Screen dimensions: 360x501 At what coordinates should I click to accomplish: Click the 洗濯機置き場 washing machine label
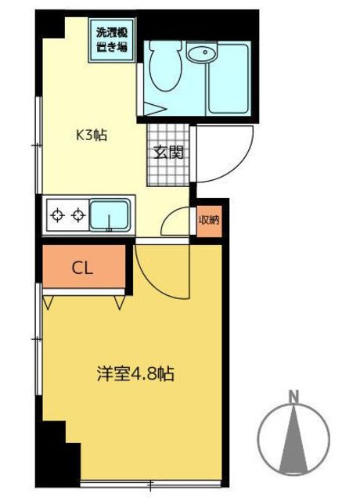pos(112,40)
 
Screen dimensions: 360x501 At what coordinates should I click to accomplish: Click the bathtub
pos(228,78)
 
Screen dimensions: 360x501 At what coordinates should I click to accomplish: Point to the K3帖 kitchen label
pos(91,135)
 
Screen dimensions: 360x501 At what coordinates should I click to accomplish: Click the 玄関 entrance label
pos(168,153)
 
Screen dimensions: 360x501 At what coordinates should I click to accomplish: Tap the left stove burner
pos(57,215)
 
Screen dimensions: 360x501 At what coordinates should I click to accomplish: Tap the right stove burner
pos(78,215)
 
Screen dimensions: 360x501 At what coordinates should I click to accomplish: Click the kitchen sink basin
pos(110,215)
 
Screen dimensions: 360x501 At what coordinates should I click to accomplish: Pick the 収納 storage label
pos(209,220)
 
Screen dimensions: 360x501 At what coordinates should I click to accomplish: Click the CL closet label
pos(82,268)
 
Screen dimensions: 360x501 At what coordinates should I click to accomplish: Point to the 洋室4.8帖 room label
pos(135,373)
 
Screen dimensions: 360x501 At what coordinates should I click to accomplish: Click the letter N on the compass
pos(293,396)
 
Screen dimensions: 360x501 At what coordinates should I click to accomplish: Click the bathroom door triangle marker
pos(155,108)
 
